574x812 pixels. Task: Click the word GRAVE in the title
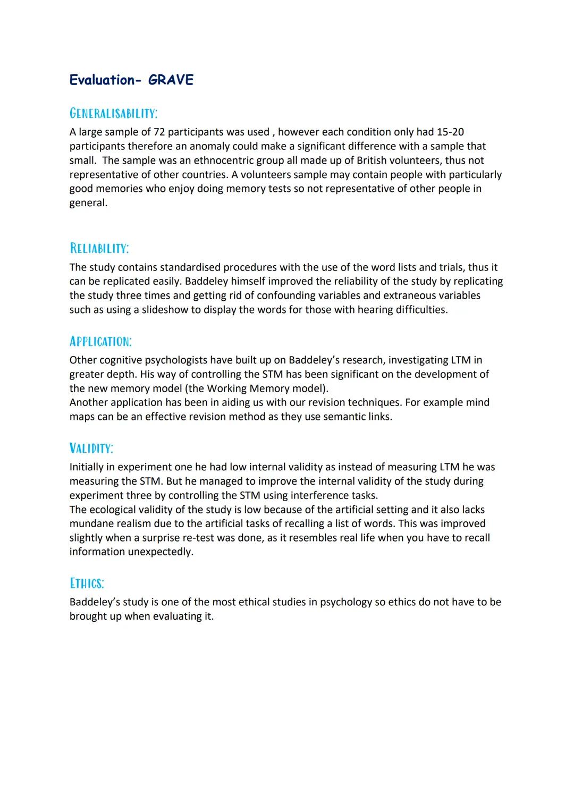click(x=171, y=80)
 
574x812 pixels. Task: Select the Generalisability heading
click(x=113, y=113)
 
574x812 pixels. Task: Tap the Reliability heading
click(x=99, y=249)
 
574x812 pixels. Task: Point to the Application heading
click(x=100, y=341)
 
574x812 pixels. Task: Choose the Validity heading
click(x=91, y=448)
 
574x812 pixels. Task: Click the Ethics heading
click(x=87, y=583)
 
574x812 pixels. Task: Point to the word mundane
click(x=91, y=523)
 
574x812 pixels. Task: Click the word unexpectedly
click(x=161, y=552)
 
